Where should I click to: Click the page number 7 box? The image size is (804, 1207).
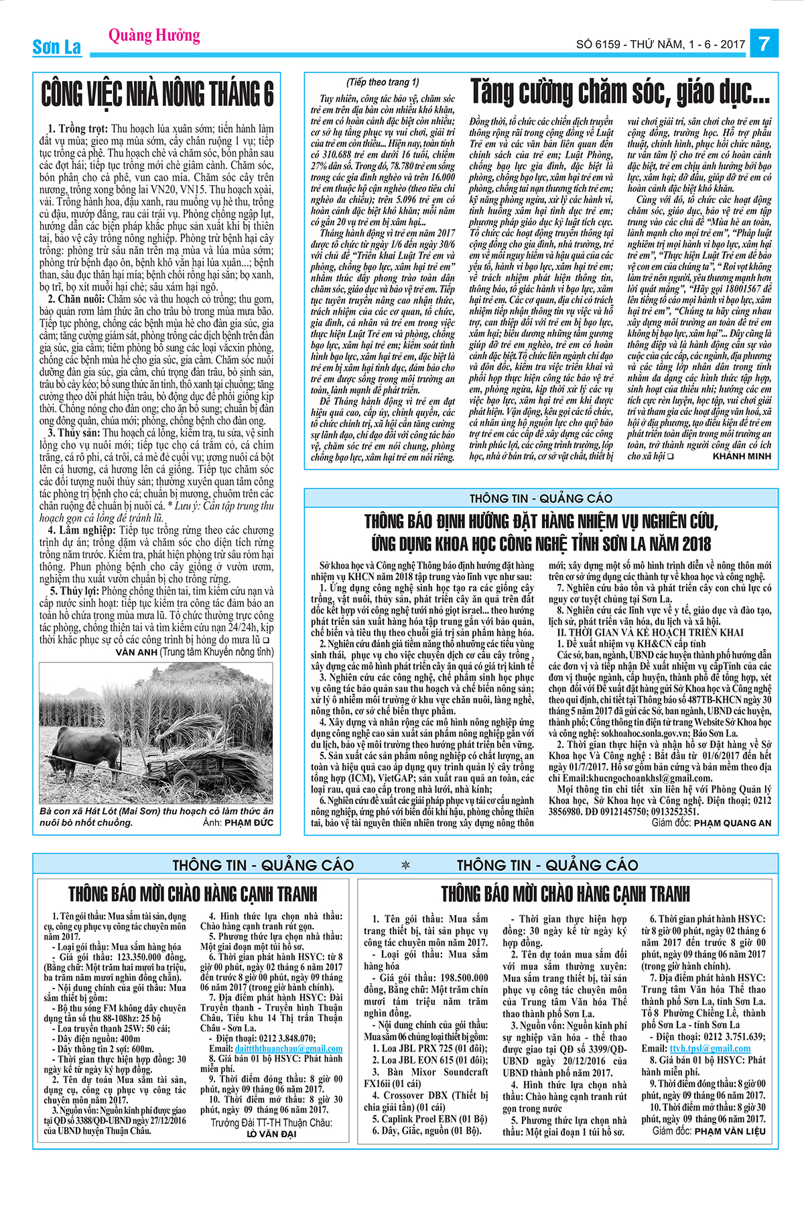[x=763, y=44]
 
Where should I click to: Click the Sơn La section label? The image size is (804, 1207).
[x=56, y=47]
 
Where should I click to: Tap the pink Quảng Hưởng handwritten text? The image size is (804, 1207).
[x=154, y=34]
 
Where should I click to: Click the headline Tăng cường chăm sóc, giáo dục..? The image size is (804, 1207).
[x=620, y=92]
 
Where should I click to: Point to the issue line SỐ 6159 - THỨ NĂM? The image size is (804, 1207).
[x=660, y=45]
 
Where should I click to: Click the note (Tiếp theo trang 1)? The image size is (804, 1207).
[x=383, y=82]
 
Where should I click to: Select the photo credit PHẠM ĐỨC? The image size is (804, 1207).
[x=249, y=822]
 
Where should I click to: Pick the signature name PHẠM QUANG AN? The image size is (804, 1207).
[x=732, y=823]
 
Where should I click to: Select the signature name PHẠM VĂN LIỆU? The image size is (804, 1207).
[x=729, y=1131]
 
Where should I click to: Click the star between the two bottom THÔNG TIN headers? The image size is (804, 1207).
[x=405, y=865]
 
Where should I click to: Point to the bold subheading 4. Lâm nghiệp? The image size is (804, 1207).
[x=83, y=530]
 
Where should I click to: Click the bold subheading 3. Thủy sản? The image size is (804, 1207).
[x=74, y=433]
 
